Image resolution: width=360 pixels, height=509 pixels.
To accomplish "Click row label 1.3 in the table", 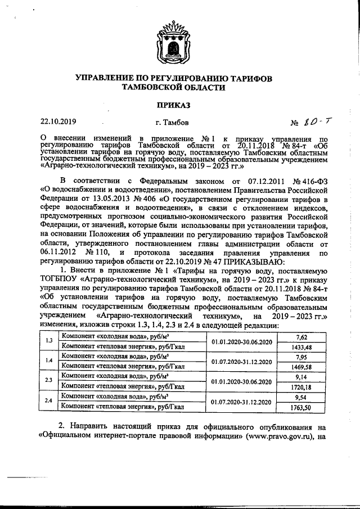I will point(49,341).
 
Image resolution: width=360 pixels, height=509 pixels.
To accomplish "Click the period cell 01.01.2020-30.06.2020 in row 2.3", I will point(241,381).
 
